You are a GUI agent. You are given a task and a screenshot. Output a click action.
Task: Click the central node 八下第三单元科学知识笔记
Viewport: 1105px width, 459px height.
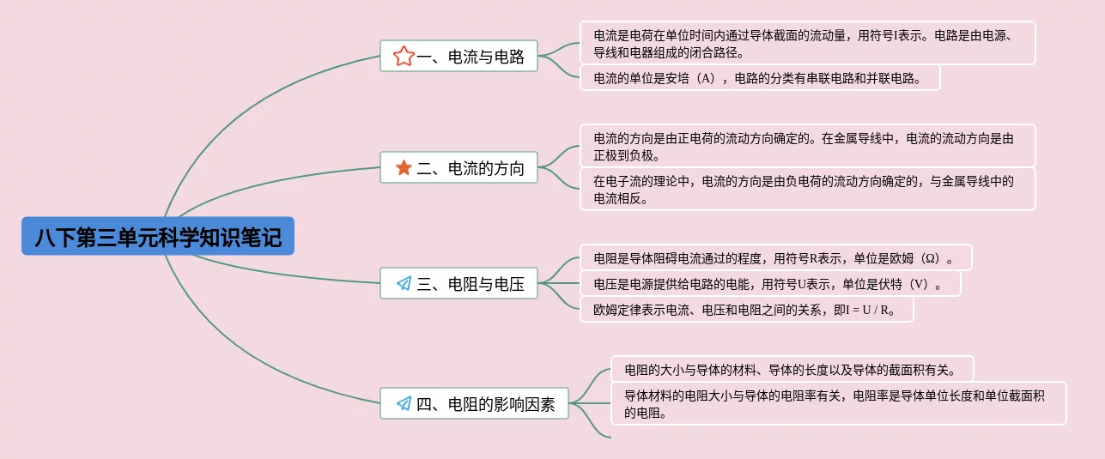click(x=158, y=236)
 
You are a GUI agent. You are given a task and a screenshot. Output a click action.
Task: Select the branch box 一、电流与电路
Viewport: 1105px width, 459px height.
click(x=458, y=57)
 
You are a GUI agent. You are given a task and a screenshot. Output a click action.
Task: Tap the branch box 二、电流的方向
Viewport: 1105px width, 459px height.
click(x=458, y=167)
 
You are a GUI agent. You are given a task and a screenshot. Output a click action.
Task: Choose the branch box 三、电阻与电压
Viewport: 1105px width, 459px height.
click(x=458, y=284)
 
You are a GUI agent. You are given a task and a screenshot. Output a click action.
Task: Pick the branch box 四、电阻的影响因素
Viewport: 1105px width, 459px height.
click(x=474, y=403)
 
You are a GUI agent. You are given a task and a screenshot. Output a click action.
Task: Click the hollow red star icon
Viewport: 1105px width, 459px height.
click(x=404, y=57)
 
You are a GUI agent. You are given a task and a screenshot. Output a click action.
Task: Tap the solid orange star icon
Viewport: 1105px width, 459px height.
click(x=404, y=168)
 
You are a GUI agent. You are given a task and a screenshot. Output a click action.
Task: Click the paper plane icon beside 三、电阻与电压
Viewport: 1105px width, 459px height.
click(x=404, y=284)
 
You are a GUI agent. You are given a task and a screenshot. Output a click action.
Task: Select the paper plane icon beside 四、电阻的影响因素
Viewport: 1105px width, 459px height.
click(x=404, y=403)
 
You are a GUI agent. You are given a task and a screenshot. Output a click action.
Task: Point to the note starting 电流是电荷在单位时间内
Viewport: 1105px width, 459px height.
click(x=807, y=43)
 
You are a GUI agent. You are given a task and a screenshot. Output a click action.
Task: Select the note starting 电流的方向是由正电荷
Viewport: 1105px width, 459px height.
click(x=807, y=146)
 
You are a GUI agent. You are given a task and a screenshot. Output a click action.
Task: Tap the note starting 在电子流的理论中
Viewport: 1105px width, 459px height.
click(x=807, y=189)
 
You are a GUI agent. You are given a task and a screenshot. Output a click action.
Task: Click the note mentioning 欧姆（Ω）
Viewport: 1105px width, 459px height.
click(x=775, y=257)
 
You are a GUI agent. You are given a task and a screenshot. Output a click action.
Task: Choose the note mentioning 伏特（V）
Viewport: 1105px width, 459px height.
click(x=769, y=284)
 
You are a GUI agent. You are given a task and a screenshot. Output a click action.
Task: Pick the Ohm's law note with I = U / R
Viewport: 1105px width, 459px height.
click(x=746, y=310)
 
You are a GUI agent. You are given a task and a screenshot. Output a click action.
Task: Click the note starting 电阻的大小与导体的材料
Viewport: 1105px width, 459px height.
click(x=792, y=370)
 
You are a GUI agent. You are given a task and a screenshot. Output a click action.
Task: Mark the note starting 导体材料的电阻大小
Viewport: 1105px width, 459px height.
click(x=838, y=403)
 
